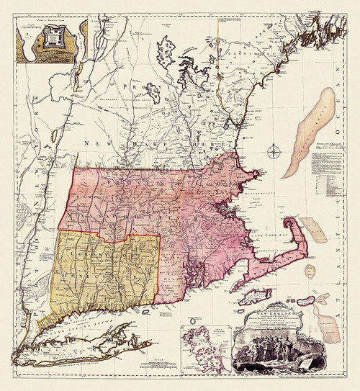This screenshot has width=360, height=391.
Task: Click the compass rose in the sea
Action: pos(274,151)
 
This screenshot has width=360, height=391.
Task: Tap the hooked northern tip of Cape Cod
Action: pos(291,221)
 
